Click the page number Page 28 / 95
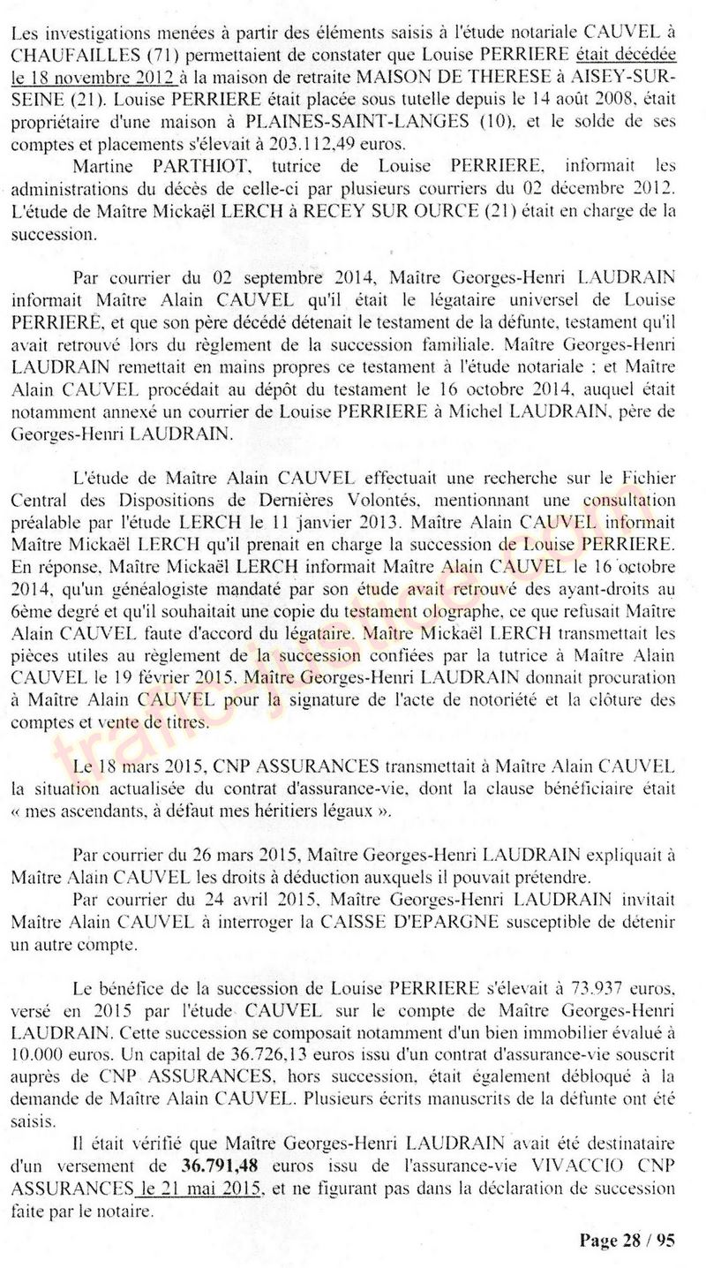tap(627, 1241)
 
